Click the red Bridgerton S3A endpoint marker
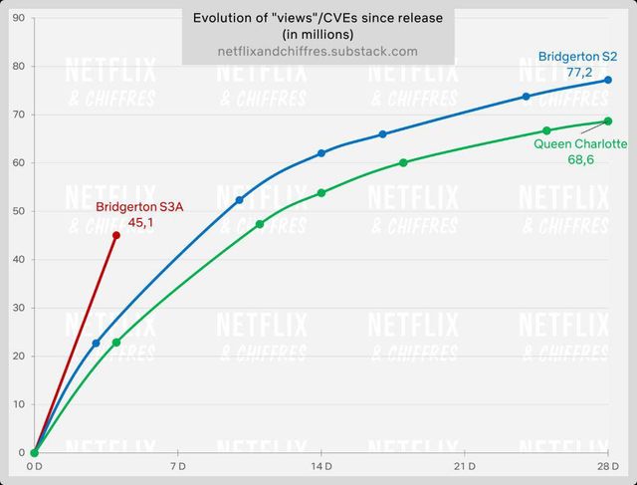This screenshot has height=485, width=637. [116, 235]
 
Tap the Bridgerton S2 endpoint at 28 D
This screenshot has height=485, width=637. [608, 80]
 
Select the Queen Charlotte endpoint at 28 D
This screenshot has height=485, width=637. [608, 121]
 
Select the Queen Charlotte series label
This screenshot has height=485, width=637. [580, 144]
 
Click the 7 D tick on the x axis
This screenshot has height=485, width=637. [178, 466]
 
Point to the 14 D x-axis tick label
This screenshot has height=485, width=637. [321, 466]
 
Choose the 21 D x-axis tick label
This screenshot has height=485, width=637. [465, 466]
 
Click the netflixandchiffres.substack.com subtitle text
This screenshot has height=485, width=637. [318, 51]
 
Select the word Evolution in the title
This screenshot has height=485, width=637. [219, 17]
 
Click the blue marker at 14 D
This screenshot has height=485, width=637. [321, 153]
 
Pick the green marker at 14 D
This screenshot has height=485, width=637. [321, 192]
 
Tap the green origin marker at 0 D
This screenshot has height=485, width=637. [34, 452]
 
